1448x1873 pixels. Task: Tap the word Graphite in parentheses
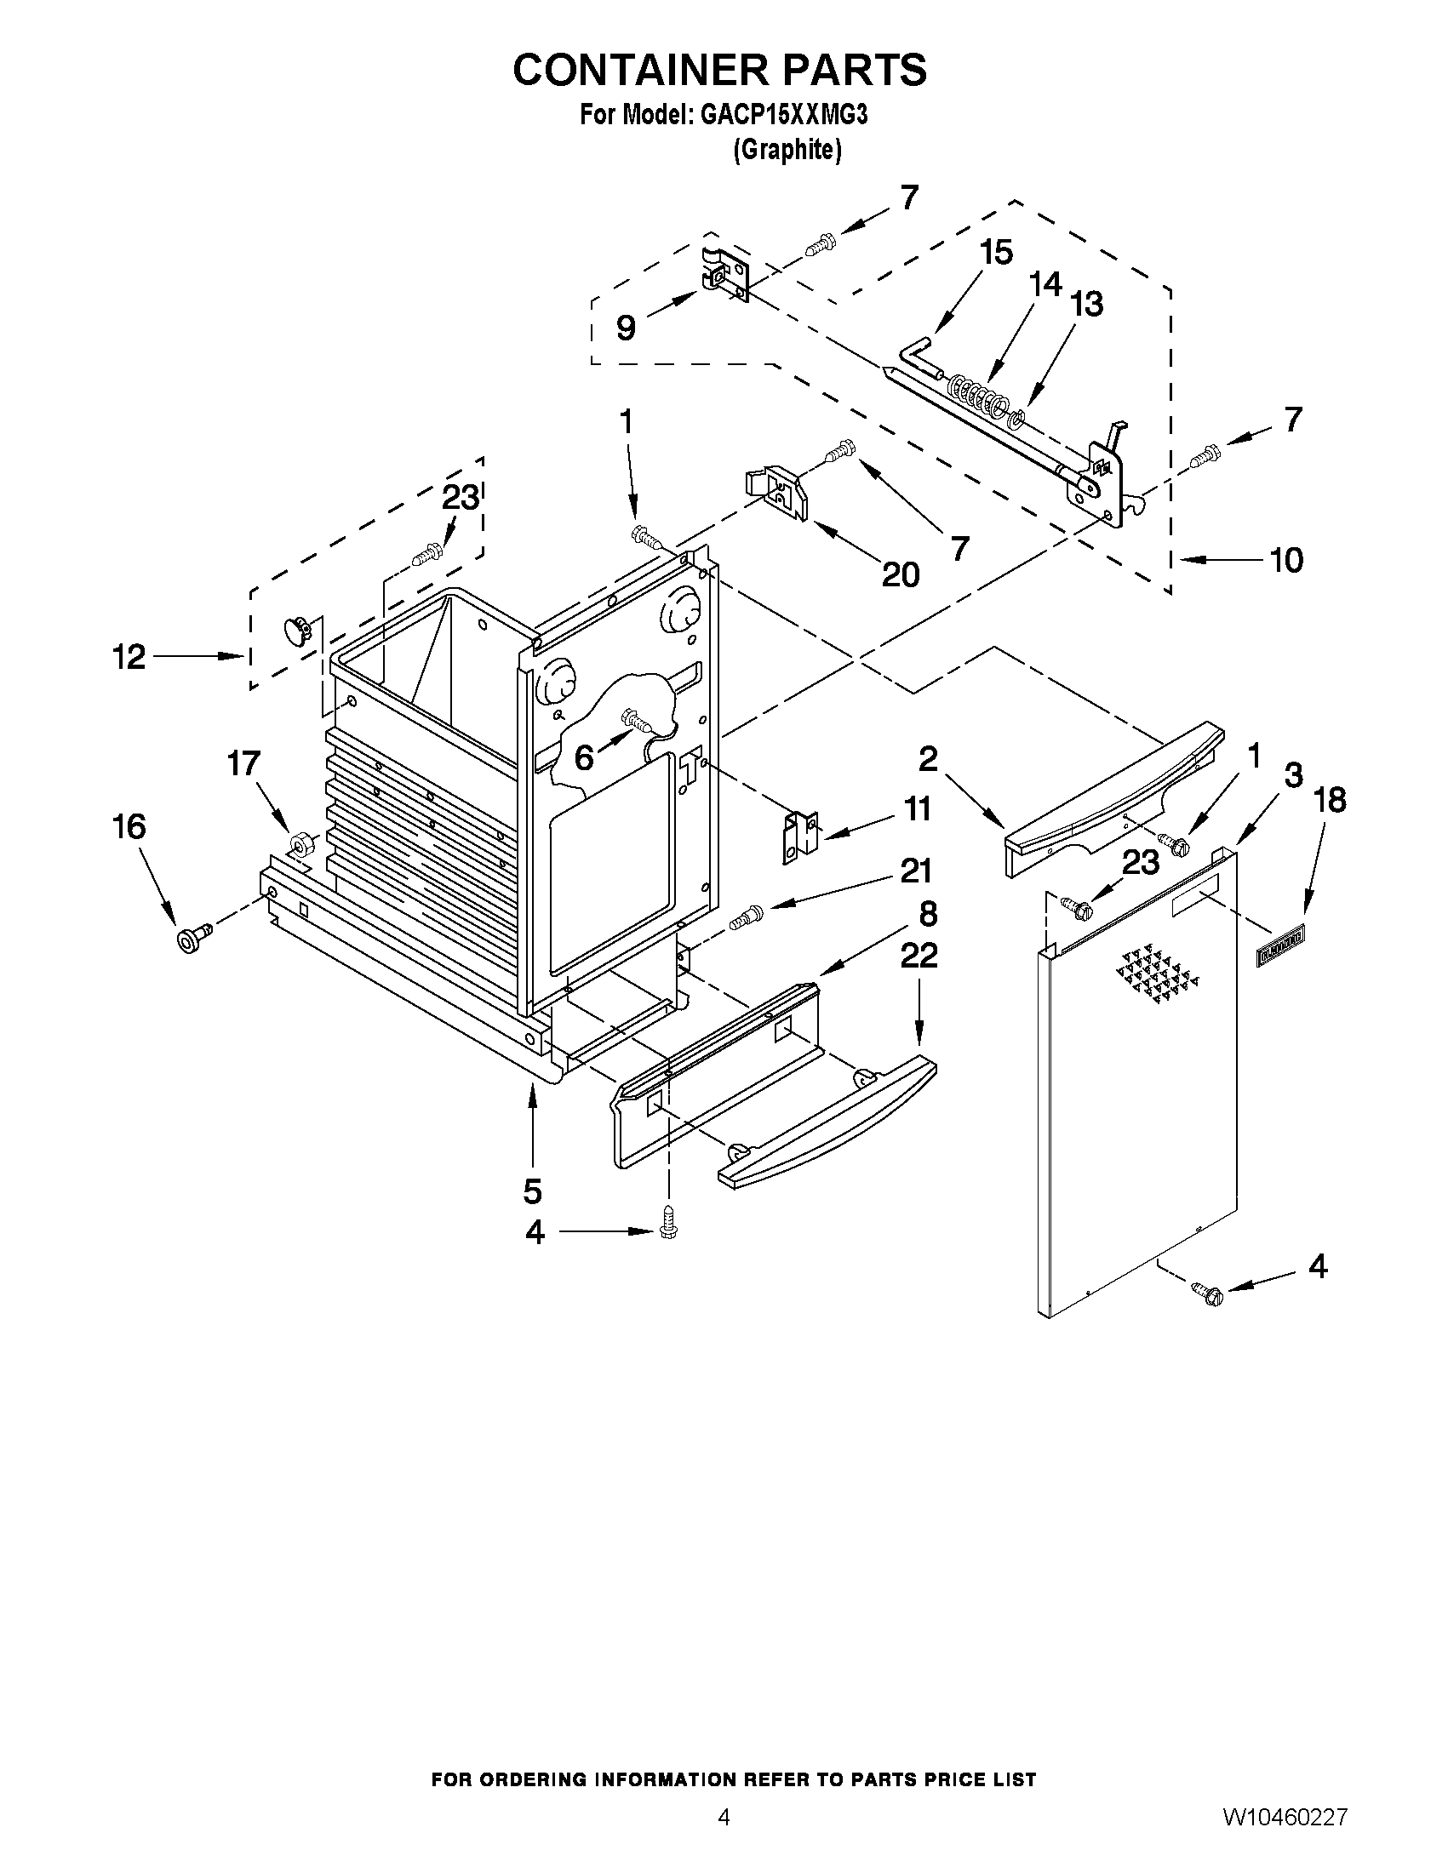click(787, 150)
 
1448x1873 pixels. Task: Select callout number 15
click(996, 252)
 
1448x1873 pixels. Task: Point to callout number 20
click(901, 574)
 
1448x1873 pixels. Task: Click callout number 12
click(129, 657)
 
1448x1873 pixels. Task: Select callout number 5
click(532, 1191)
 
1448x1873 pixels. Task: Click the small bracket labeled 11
click(800, 837)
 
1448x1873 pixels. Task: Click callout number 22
click(919, 955)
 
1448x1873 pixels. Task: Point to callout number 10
click(1285, 560)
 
